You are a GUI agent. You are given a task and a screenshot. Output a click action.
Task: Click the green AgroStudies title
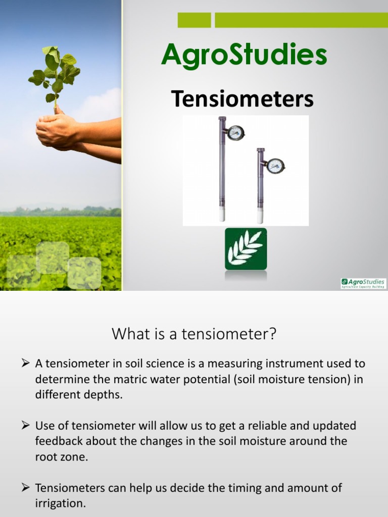point(244,56)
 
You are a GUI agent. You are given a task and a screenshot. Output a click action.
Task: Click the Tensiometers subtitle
point(243,98)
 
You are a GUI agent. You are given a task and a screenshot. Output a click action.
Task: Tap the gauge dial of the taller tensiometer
point(235,133)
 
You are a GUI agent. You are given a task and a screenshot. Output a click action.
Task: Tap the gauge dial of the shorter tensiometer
point(275,166)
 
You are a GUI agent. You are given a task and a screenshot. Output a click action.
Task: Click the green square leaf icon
point(246,248)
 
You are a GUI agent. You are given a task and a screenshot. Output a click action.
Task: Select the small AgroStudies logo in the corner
point(363,283)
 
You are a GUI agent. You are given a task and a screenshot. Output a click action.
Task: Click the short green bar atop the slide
point(194,20)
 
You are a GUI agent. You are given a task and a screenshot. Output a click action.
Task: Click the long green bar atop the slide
point(301,20)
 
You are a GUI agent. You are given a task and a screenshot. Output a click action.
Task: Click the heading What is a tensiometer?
point(194,334)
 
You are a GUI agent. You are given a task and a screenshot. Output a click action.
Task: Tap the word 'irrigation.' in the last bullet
point(60,503)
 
